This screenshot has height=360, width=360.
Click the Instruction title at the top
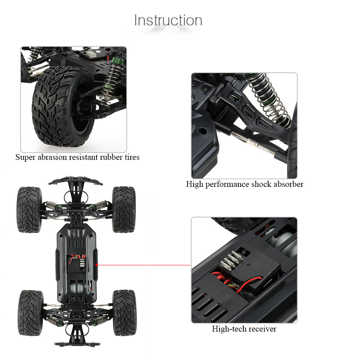pos(168,20)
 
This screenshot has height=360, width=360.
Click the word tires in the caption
pos(132,157)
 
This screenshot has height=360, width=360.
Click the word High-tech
pos(229,329)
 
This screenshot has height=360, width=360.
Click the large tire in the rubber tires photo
pos(63,106)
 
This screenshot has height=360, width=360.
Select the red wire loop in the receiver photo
pos(248,284)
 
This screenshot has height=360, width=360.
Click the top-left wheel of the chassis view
pos(29,210)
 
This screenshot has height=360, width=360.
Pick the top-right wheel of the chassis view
pos(124,210)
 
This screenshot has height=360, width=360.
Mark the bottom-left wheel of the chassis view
pos(31,313)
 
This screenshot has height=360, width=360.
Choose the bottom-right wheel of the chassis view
pos(125,312)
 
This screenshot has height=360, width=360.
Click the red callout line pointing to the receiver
pos(144,265)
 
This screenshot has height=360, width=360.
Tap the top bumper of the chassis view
pos(76,181)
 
